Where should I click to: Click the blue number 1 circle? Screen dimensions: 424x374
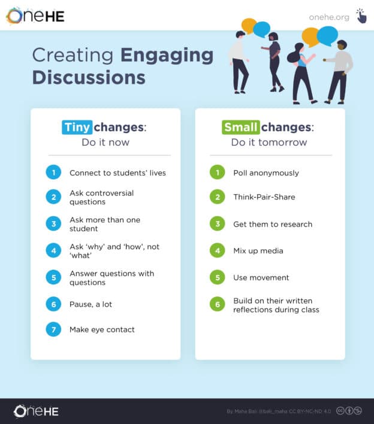click(53, 172)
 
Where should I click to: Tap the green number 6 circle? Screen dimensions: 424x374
click(217, 304)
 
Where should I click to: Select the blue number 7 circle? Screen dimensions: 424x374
click(53, 329)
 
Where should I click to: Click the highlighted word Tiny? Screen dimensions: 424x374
click(77, 127)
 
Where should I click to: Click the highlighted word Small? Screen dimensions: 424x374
click(240, 127)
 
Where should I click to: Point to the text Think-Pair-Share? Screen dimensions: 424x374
click(264, 196)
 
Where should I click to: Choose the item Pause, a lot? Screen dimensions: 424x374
click(91, 304)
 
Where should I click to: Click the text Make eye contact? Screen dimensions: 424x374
click(102, 329)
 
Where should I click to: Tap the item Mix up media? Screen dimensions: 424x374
click(258, 250)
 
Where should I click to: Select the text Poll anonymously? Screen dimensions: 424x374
click(266, 172)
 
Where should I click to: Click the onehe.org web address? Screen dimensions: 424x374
click(329, 17)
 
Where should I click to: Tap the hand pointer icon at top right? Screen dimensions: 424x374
click(361, 16)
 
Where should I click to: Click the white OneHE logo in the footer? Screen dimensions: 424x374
click(36, 411)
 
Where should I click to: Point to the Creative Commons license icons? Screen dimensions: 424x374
click(349, 411)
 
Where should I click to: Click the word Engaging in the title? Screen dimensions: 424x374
click(167, 56)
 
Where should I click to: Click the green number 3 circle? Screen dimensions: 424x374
click(217, 224)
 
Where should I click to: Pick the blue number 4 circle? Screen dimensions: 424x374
click(53, 250)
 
